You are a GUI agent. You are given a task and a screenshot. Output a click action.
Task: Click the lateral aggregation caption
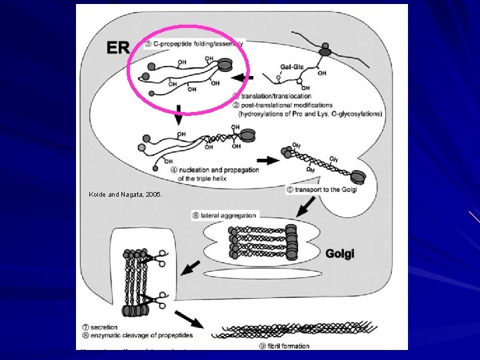223,215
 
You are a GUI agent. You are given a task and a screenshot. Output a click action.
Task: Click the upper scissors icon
161,257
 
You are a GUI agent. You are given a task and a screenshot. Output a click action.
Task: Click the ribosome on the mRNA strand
325,50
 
